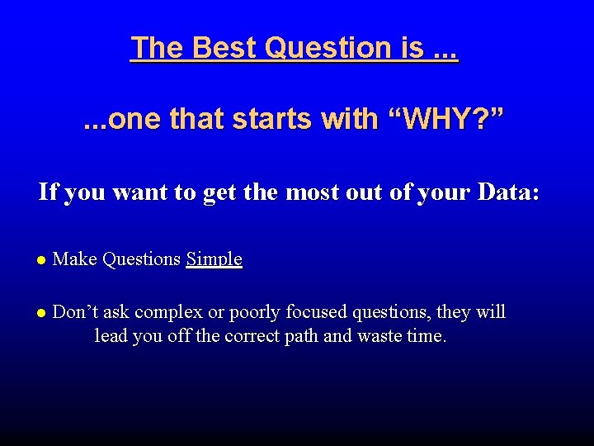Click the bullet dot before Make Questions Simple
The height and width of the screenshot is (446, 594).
click(x=41, y=260)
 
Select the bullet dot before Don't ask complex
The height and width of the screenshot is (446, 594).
click(x=41, y=313)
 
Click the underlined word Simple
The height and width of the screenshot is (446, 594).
click(x=214, y=259)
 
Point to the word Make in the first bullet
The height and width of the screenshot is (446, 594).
click(x=74, y=259)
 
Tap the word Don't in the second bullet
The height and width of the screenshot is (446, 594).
click(x=76, y=312)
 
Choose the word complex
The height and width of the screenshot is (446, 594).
click(x=168, y=312)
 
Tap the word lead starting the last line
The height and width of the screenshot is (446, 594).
click(x=111, y=336)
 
